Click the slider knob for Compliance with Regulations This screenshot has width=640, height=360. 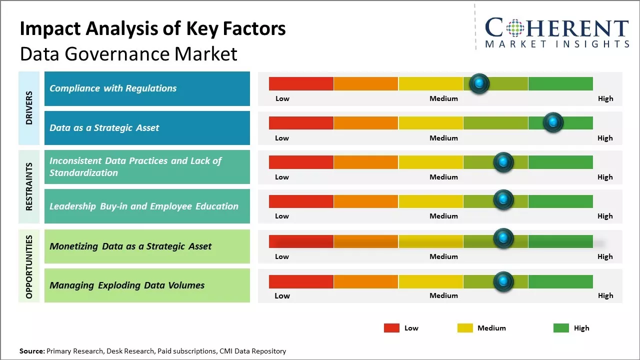coord(479,83)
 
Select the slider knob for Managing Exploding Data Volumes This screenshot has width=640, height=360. coord(503,281)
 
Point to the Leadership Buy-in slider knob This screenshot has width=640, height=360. coord(503,200)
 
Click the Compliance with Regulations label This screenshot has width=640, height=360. coord(113,88)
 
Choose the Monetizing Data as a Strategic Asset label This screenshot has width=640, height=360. coord(130,246)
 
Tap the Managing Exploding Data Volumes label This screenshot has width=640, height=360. coord(127,285)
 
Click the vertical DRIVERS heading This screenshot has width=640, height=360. coord(29,108)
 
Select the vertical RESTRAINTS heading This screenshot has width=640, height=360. coord(29,186)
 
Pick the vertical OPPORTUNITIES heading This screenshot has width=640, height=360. coord(29,266)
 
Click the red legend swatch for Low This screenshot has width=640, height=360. coord(391,328)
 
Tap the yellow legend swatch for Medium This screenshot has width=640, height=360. coord(465,328)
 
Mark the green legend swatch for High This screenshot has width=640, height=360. coord(561,328)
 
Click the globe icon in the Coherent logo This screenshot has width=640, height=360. coord(515,28)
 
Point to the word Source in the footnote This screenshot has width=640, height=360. coord(31,351)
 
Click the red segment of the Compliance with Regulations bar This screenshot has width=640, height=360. coord(301,83)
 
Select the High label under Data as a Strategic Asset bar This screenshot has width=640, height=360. coord(605,138)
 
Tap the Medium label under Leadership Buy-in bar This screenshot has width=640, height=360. coord(443,216)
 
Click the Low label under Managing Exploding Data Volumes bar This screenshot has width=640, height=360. coord(282,295)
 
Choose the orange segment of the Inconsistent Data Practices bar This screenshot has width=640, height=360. coord(366,162)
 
